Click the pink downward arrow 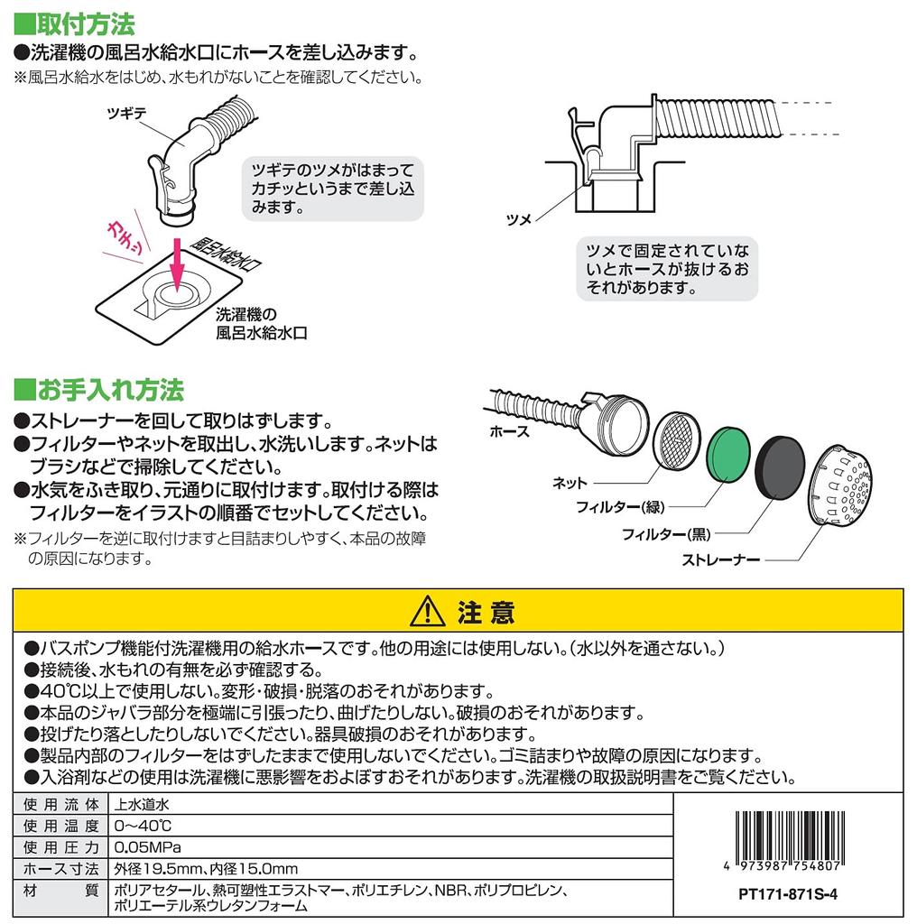click(x=177, y=266)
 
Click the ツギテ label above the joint click(x=126, y=113)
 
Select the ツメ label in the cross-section click(x=519, y=220)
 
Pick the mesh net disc click(x=677, y=440)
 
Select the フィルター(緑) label click(x=620, y=507)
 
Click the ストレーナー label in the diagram click(x=721, y=559)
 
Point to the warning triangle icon click(x=427, y=611)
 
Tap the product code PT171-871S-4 click(x=788, y=894)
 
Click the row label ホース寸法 click(x=60, y=869)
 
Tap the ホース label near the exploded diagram click(x=510, y=432)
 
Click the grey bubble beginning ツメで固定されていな click(x=667, y=269)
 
